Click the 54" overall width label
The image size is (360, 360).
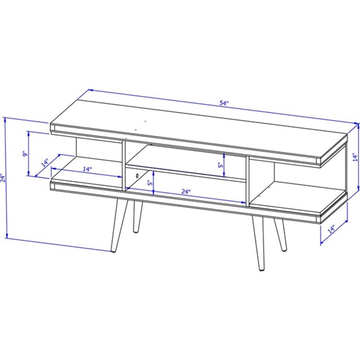tap(224, 103)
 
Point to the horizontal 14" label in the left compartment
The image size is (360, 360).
tap(87, 169)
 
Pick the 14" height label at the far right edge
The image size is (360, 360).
tap(355, 157)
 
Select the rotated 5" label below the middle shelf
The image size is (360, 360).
tap(150, 184)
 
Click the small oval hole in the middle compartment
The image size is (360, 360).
tap(135, 174)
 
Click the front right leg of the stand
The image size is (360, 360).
tap(259, 243)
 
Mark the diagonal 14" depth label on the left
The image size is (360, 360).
tap(45, 162)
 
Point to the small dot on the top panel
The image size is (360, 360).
tap(145, 121)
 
